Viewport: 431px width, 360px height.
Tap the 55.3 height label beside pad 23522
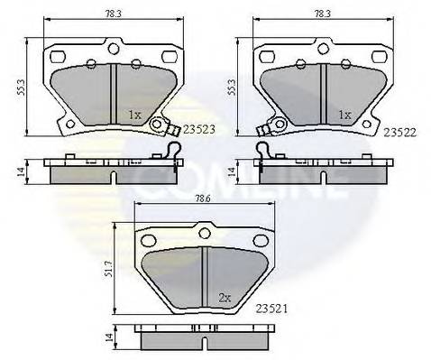click(232, 86)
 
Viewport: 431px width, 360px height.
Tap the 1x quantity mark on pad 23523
click(134, 115)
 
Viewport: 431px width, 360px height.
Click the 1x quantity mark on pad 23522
click(344, 115)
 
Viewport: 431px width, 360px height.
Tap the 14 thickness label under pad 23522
click(232, 170)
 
